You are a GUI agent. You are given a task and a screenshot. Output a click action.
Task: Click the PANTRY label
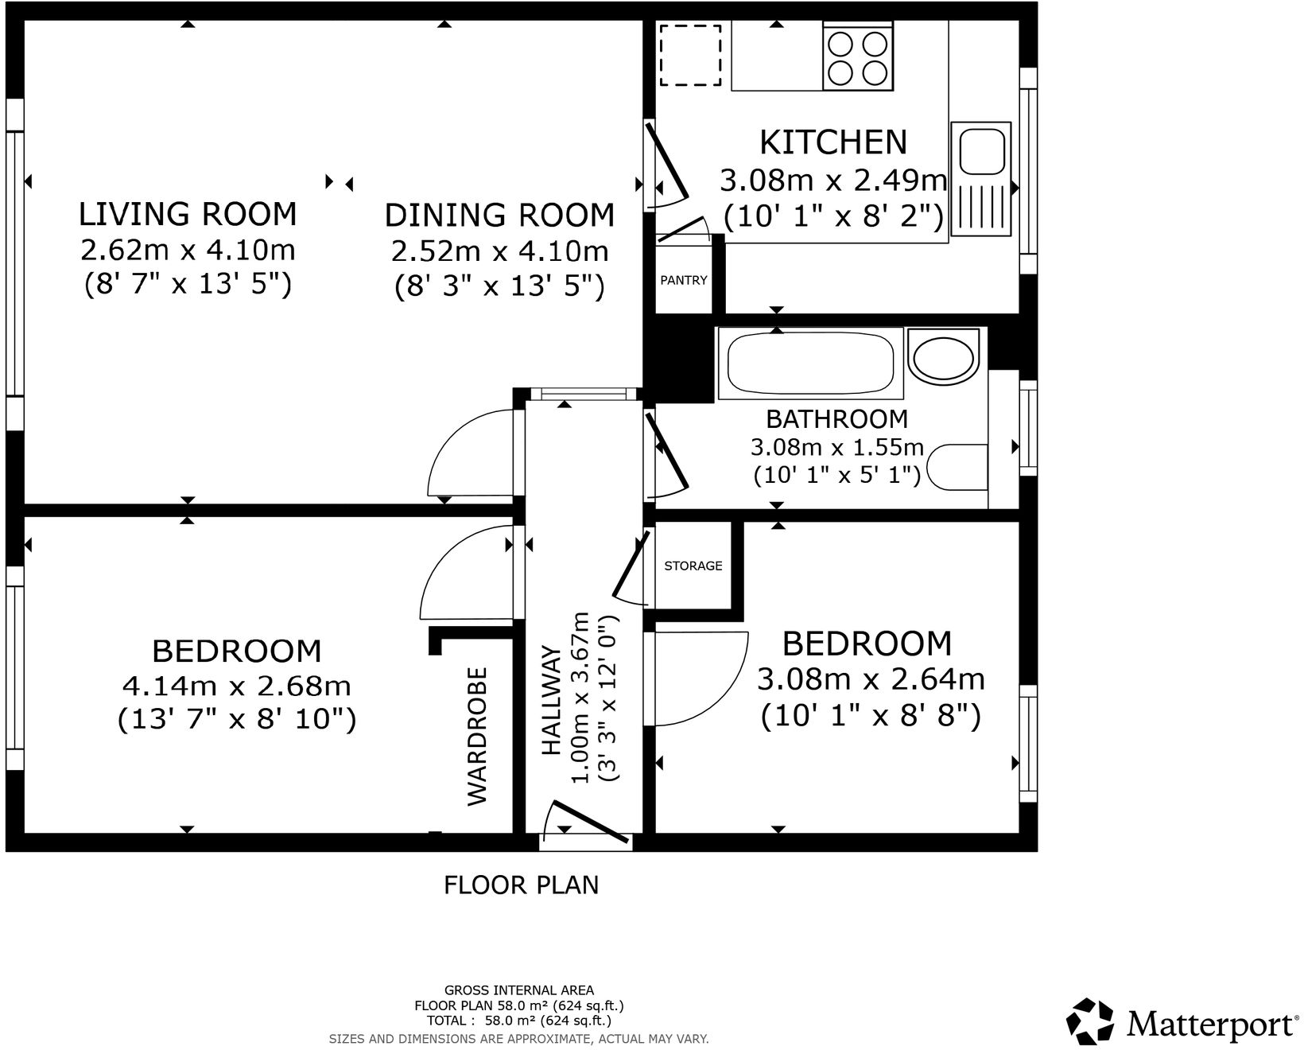[x=683, y=280]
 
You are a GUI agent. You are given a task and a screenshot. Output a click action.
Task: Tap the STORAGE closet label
[x=693, y=566]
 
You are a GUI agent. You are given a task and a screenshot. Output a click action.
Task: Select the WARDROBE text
[x=476, y=736]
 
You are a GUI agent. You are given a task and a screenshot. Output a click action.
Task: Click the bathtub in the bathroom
[x=811, y=363]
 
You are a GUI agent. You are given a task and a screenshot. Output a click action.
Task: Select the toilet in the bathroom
[x=959, y=466]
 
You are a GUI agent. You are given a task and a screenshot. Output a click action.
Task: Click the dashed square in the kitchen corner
[x=690, y=55]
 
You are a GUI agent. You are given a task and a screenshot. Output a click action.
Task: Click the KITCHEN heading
[x=833, y=142]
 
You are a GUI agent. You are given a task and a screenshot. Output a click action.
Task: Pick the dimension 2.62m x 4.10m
[x=188, y=250]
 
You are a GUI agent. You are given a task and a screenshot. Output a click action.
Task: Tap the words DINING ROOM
[x=499, y=216]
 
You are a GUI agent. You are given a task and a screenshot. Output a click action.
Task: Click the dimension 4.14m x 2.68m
[x=236, y=685]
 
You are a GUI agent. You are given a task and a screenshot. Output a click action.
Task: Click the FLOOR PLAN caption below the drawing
[x=521, y=885]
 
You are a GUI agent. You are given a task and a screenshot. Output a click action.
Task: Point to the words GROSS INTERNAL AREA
[x=518, y=990]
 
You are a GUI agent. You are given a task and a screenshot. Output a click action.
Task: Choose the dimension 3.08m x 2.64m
[x=871, y=679]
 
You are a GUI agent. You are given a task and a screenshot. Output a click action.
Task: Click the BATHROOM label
[x=836, y=418]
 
